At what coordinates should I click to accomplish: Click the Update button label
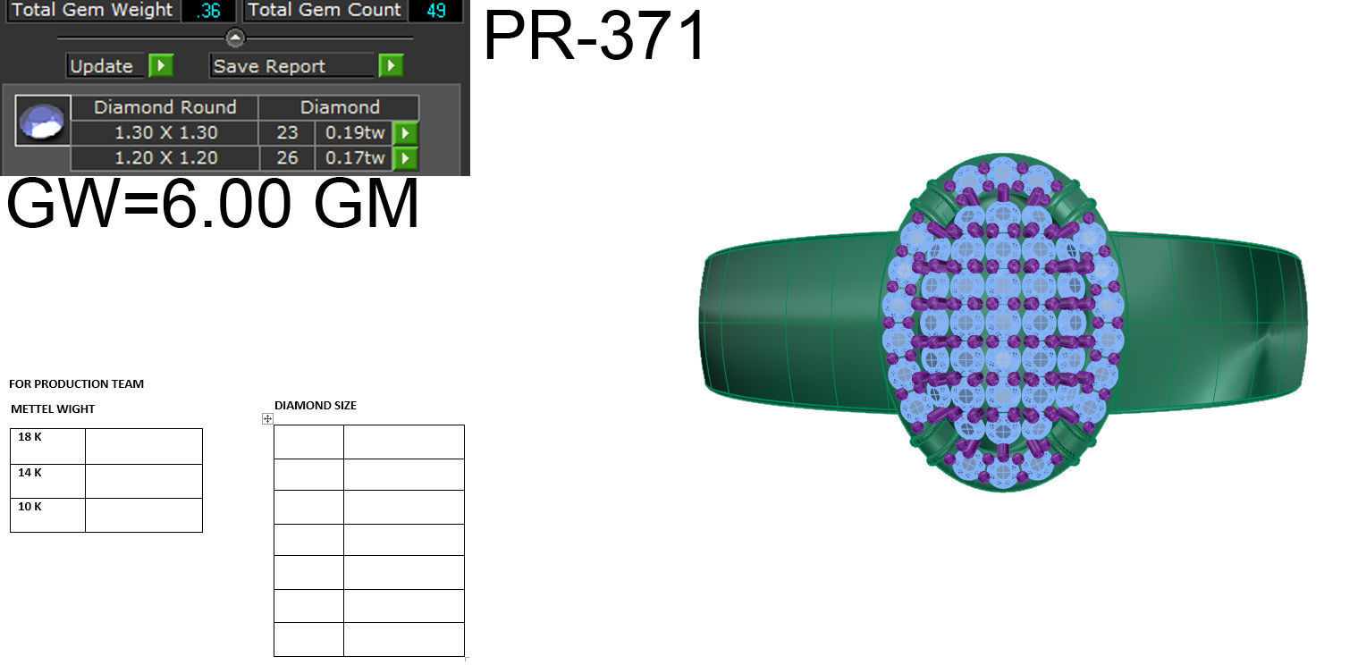pyautogui.click(x=101, y=66)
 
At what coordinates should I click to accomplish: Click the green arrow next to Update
pyautogui.click(x=161, y=66)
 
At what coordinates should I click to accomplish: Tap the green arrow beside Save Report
pyautogui.click(x=391, y=66)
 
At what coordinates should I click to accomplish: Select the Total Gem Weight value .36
pyautogui.click(x=208, y=11)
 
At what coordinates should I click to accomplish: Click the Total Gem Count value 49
pyautogui.click(x=435, y=11)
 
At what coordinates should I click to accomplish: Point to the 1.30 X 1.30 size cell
pyautogui.click(x=165, y=133)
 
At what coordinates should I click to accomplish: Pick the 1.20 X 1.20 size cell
pyautogui.click(x=165, y=158)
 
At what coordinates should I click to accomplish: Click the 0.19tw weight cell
pyautogui.click(x=355, y=133)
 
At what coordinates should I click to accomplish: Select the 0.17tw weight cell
pyautogui.click(x=355, y=158)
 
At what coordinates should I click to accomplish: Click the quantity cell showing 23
pyautogui.click(x=287, y=133)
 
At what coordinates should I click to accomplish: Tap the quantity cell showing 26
pyautogui.click(x=287, y=158)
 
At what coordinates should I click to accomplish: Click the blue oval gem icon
pyautogui.click(x=43, y=122)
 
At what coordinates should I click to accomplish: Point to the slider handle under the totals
pyautogui.click(x=235, y=38)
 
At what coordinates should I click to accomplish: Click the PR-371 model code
pyautogui.click(x=595, y=36)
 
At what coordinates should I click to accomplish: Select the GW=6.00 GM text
pyautogui.click(x=213, y=205)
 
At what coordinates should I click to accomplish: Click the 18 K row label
pyautogui.click(x=30, y=438)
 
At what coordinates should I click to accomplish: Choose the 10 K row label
pyautogui.click(x=30, y=507)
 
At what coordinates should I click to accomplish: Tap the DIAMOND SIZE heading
pyautogui.click(x=315, y=406)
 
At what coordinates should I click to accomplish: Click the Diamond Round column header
pyautogui.click(x=165, y=107)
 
